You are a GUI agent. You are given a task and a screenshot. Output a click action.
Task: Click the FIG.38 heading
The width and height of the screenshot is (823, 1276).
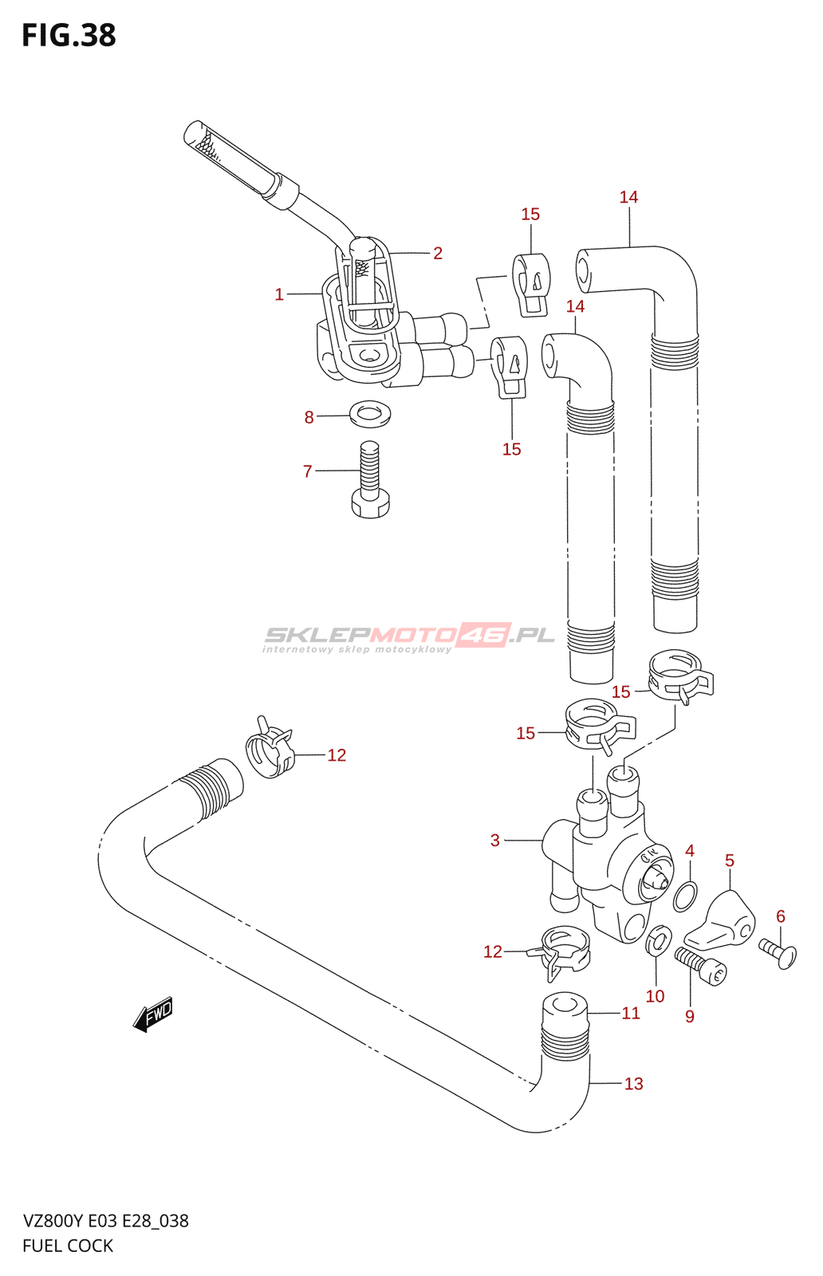(69, 36)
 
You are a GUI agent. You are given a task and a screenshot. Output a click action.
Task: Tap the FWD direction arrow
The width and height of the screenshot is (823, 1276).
(153, 1014)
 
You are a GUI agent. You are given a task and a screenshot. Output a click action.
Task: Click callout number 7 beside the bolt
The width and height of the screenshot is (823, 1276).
(308, 471)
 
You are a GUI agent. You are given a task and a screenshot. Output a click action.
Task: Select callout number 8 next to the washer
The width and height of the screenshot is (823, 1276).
(309, 417)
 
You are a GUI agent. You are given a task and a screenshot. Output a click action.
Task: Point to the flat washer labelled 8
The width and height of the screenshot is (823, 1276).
(370, 414)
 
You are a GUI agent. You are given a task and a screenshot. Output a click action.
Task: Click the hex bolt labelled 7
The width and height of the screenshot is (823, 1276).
(369, 482)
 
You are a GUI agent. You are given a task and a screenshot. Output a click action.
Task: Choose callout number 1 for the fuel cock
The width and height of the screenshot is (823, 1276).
(279, 294)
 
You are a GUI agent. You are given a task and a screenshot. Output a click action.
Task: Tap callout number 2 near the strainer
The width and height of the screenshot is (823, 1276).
(438, 253)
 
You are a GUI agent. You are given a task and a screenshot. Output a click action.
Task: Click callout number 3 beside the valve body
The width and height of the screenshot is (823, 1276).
(495, 840)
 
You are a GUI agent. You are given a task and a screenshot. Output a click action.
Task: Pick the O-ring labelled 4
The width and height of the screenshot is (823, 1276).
(685, 896)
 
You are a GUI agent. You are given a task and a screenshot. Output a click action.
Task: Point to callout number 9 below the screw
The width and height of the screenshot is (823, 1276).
(690, 1016)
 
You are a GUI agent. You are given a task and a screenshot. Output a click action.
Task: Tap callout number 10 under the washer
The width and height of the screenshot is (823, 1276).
(655, 996)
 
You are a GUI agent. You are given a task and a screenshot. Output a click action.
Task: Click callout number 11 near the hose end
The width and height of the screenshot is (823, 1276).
(631, 1013)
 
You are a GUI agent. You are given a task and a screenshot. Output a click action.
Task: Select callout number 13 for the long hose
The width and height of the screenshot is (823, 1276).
(633, 1083)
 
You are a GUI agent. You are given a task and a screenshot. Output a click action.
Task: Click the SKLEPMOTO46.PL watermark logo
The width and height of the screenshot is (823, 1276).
(409, 636)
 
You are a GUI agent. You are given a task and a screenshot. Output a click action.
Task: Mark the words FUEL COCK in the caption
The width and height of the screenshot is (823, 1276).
(68, 1246)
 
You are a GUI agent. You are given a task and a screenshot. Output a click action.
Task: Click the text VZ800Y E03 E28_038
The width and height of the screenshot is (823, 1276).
(106, 1221)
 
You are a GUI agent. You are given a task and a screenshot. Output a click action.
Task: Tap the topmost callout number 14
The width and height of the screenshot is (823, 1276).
(628, 197)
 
